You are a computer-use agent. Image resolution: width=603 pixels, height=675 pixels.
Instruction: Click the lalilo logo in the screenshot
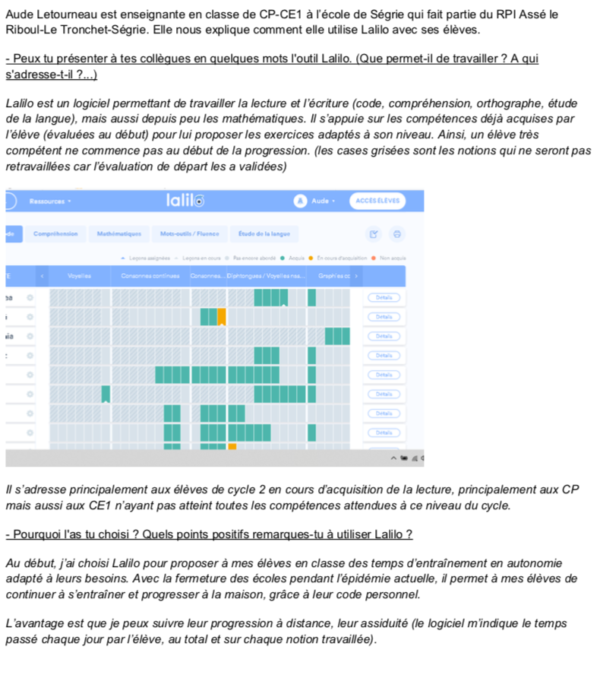pyautogui.click(x=185, y=201)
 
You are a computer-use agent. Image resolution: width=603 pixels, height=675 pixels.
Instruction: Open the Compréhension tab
pyautogui.click(x=55, y=233)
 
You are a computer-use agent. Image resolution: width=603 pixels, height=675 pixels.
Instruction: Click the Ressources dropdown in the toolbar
pyautogui.click(x=51, y=201)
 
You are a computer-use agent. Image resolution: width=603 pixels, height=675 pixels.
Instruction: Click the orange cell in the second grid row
pyautogui.click(x=222, y=315)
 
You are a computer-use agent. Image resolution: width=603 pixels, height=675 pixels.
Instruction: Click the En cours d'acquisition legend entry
pyautogui.click(x=337, y=258)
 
